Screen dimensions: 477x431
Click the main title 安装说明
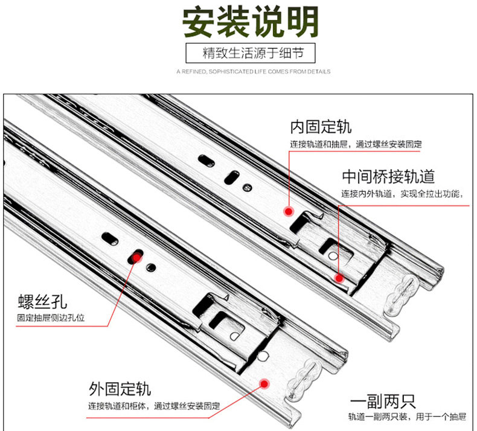pyautogui.click(x=251, y=22)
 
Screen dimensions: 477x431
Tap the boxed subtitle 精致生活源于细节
pyautogui.click(x=251, y=53)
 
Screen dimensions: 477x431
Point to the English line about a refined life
pyautogui.click(x=254, y=72)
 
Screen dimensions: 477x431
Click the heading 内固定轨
pyautogui.click(x=321, y=127)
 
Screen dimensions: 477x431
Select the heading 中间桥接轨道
pyautogui.click(x=388, y=177)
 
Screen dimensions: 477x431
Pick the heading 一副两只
pyautogui.click(x=382, y=401)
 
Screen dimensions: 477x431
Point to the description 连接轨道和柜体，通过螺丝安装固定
pyautogui.click(x=155, y=405)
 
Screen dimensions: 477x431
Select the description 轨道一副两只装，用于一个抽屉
pyautogui.click(x=406, y=417)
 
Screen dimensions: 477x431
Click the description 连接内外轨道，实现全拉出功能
pyautogui.click(x=402, y=194)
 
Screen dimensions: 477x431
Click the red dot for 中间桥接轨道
pyautogui.click(x=339, y=278)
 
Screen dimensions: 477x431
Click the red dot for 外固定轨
pyautogui.click(x=264, y=383)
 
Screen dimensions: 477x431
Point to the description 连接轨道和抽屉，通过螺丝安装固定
pyautogui.click(x=356, y=144)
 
